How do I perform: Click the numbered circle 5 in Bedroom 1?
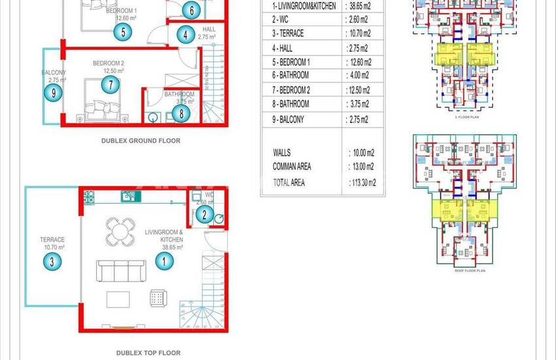pyautogui.click(x=124, y=31)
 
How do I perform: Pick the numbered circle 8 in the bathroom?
pyautogui.click(x=181, y=113)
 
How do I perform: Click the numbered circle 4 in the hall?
pyautogui.click(x=186, y=35)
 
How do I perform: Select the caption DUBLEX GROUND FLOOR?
pyautogui.click(x=141, y=141)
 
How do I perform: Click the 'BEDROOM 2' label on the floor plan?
pyautogui.click(x=108, y=63)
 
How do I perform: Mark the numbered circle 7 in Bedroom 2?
pyautogui.click(x=110, y=84)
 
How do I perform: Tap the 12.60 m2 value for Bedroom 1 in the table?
pyautogui.click(x=358, y=62)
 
